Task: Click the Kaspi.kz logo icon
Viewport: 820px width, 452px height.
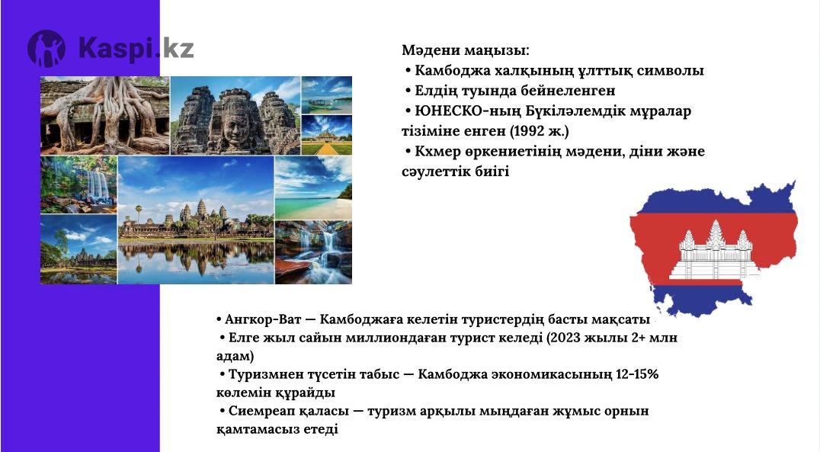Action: click(x=46, y=49)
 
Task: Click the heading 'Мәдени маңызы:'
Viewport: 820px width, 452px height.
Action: click(x=466, y=51)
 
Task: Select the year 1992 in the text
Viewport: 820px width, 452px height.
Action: click(x=529, y=131)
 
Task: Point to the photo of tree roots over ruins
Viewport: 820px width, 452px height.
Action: click(x=104, y=115)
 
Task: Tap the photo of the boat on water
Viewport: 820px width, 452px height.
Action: click(x=327, y=95)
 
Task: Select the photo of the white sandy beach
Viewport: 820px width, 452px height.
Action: click(x=314, y=188)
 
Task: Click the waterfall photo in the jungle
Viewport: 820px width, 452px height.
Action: click(x=78, y=184)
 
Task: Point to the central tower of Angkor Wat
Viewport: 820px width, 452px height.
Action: click(x=201, y=210)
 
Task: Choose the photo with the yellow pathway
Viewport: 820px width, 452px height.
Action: click(x=327, y=135)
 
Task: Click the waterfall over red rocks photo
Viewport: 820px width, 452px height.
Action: click(x=314, y=253)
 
